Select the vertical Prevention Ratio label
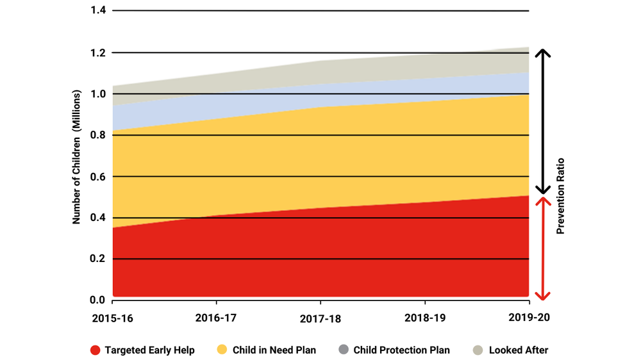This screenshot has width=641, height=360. [560, 195]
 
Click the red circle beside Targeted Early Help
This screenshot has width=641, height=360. [95, 350]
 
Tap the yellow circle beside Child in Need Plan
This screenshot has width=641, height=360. [222, 350]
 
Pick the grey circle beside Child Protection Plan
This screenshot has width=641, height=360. [343, 350]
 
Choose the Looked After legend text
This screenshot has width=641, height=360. [518, 350]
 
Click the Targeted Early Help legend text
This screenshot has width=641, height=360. [149, 350]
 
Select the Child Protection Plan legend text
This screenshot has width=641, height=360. [401, 350]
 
